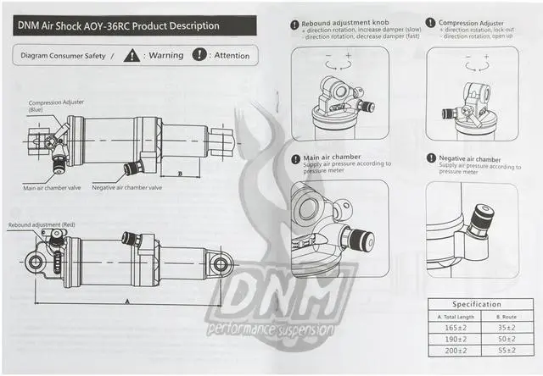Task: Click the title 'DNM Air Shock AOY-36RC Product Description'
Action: (118, 25)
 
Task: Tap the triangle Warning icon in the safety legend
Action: (132, 56)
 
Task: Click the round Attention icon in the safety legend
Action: (199, 56)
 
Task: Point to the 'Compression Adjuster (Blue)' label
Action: (56, 106)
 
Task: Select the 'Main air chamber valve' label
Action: (52, 187)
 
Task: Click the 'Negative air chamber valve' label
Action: (126, 187)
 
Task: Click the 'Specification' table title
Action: (476, 304)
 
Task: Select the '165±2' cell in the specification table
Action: (454, 327)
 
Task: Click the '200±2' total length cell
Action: (454, 349)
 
